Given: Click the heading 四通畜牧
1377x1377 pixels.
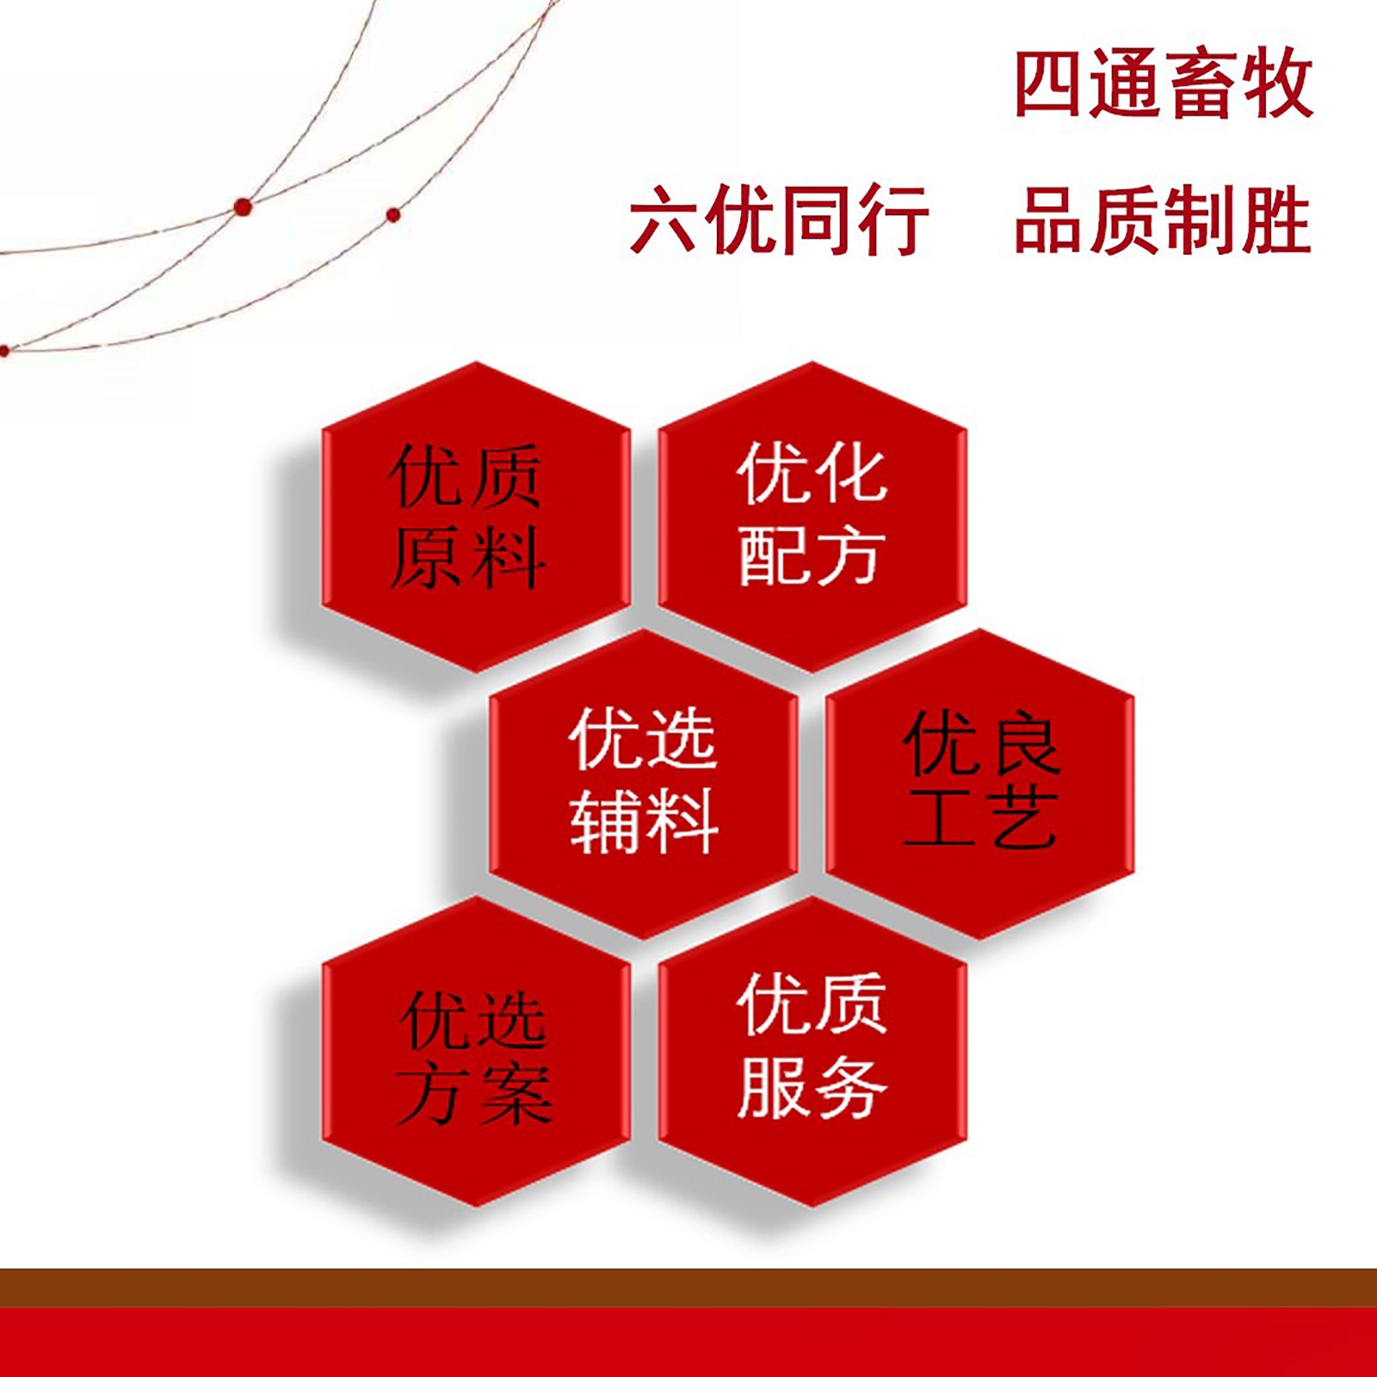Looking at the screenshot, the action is tap(1164, 83).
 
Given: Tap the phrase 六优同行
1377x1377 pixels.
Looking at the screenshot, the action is tap(780, 220).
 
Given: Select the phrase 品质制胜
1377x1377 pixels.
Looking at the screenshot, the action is tap(1163, 220).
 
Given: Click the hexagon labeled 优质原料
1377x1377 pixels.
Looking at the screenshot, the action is tap(476, 516).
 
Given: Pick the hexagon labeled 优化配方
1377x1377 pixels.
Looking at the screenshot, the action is tap(812, 516).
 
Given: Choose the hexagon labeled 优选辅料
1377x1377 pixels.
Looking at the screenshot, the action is tap(644, 783).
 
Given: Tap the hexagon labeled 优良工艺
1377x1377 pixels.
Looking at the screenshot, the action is tap(979, 783).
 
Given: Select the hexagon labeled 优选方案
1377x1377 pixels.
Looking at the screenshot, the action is tap(476, 1051).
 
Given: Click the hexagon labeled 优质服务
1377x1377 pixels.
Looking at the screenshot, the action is tap(812, 1051).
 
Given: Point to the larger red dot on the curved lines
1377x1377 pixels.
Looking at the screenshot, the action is tap(243, 207).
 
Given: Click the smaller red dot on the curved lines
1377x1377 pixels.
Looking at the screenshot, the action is tap(393, 214).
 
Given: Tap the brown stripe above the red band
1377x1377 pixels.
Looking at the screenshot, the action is tap(688, 1287).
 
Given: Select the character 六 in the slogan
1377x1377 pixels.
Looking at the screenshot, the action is tap(665, 221).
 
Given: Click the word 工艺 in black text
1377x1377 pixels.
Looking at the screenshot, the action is tap(980, 818).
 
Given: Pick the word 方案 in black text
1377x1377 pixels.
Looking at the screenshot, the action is tap(474, 1094).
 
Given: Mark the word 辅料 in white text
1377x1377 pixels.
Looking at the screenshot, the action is tap(644, 822).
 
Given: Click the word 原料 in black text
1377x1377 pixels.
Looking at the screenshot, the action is tap(468, 557).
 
